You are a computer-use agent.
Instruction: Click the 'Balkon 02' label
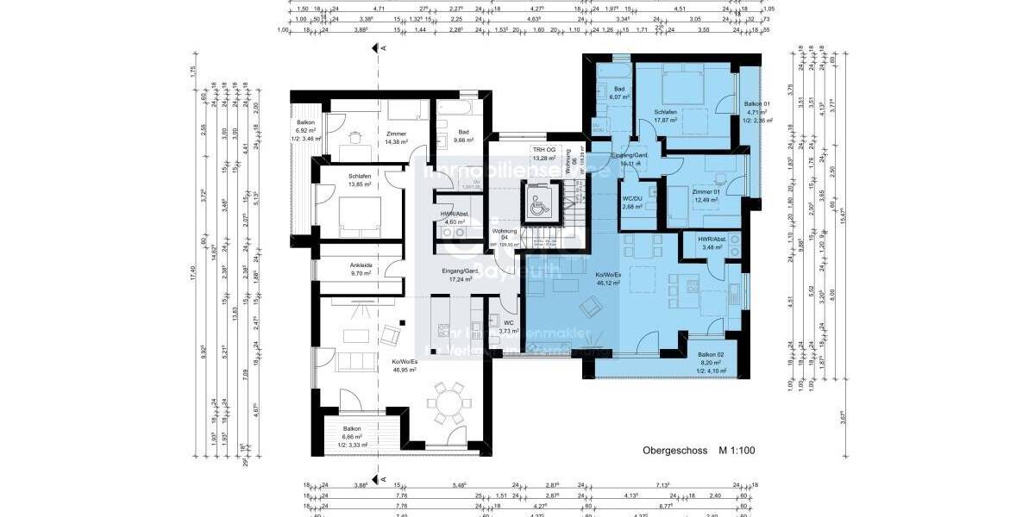(x=712, y=354)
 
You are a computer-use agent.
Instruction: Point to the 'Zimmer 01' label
(x=706, y=193)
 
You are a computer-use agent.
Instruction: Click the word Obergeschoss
(x=674, y=450)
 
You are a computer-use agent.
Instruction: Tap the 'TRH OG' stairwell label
(x=543, y=150)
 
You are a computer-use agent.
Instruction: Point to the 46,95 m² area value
(x=404, y=370)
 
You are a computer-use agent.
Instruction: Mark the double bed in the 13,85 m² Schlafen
(x=360, y=214)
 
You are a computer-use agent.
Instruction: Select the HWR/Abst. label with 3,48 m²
(x=712, y=240)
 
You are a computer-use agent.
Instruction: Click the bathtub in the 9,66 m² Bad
(x=455, y=109)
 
